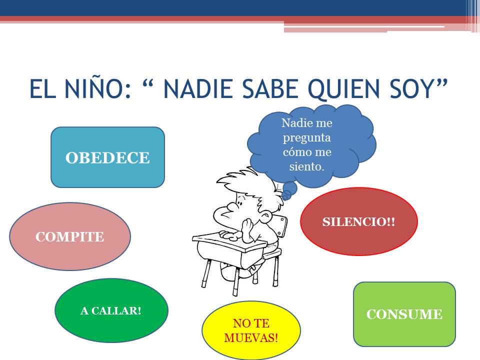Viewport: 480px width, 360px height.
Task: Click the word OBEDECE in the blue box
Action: [107, 158]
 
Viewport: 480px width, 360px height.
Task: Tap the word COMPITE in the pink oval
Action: [70, 236]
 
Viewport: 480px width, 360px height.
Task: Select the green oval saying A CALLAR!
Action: [111, 310]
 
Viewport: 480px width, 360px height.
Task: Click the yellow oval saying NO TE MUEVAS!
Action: [251, 330]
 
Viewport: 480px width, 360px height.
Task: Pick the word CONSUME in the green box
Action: [404, 314]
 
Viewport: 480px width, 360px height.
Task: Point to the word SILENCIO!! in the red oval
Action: [359, 222]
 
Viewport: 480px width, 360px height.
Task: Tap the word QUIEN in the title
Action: [344, 89]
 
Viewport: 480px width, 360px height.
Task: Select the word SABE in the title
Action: [270, 89]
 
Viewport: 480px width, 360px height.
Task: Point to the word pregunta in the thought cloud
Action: [306, 138]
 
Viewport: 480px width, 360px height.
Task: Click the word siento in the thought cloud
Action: [305, 166]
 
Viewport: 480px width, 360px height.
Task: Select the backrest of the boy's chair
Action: [281, 226]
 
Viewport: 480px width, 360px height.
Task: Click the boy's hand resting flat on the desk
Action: [228, 235]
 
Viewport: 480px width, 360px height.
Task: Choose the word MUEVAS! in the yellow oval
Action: [251, 338]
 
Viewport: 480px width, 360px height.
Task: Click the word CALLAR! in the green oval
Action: [116, 310]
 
